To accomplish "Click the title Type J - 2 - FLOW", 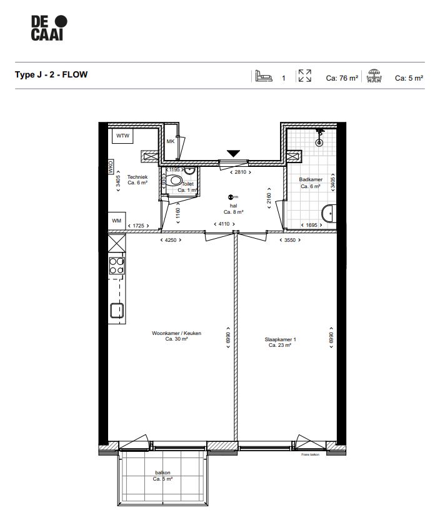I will coord(51,74).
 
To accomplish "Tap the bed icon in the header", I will coord(262,76).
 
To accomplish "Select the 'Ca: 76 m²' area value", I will coord(342,79).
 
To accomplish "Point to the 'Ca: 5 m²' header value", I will coord(409,79).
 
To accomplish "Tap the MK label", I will coord(170,142).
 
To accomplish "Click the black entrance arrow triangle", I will coord(234,153).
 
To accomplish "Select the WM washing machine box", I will coord(117,221).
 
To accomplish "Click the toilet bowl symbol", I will coord(177,181).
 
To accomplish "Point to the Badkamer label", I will coord(311,179).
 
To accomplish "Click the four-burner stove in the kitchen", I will coord(117,266).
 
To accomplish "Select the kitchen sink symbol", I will coord(117,311).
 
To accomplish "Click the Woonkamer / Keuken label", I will coord(177,334).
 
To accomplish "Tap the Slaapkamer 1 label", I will coord(280,341).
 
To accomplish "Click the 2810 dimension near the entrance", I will coord(241,172).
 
